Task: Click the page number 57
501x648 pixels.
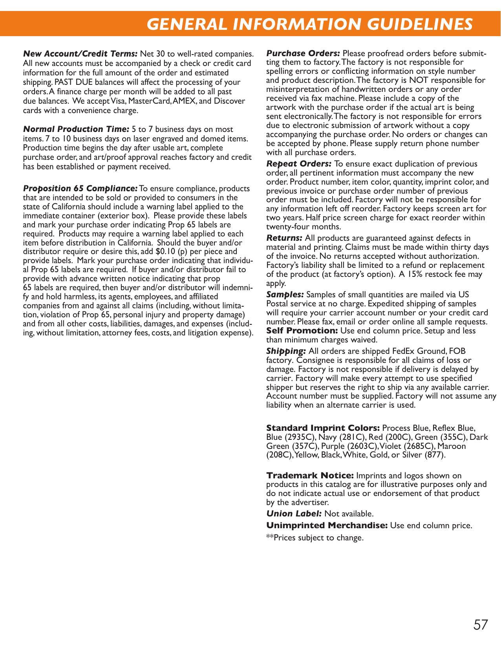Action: (x=481, y=624)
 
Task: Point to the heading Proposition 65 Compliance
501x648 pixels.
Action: (x=80, y=189)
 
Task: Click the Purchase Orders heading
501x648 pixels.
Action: (x=303, y=53)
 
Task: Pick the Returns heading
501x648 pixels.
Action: (x=284, y=238)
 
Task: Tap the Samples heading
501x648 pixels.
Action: (x=285, y=295)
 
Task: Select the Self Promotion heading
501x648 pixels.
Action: (x=302, y=331)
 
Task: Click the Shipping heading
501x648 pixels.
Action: (x=286, y=351)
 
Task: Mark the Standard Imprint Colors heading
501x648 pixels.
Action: (x=323, y=428)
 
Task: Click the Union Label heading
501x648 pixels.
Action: (x=294, y=514)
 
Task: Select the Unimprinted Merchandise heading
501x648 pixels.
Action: (x=327, y=525)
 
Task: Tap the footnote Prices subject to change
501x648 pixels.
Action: (x=315, y=538)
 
